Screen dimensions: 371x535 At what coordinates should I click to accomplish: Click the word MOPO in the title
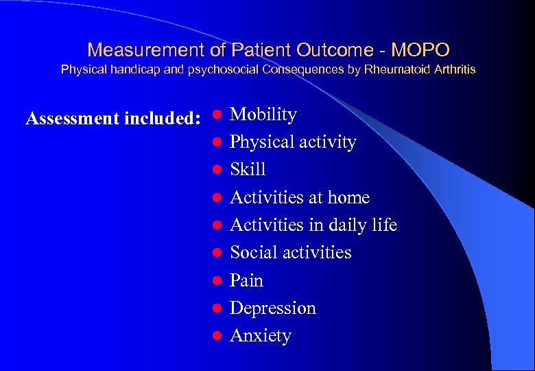point(420,50)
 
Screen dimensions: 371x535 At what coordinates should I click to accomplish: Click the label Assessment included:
point(112,119)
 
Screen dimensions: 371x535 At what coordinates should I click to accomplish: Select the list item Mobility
point(263,115)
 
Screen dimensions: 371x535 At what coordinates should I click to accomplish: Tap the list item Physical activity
point(293,142)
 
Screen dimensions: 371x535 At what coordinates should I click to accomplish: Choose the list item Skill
point(248,170)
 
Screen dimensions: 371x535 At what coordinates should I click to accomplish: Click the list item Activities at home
point(300,198)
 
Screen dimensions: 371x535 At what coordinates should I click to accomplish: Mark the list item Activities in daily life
point(313,225)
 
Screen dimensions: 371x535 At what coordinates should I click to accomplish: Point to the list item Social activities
point(290,253)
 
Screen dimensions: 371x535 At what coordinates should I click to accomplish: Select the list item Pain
point(246,280)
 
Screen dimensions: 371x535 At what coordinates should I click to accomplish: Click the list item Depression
point(273,308)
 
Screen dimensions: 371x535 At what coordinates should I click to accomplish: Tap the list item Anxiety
point(261,336)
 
